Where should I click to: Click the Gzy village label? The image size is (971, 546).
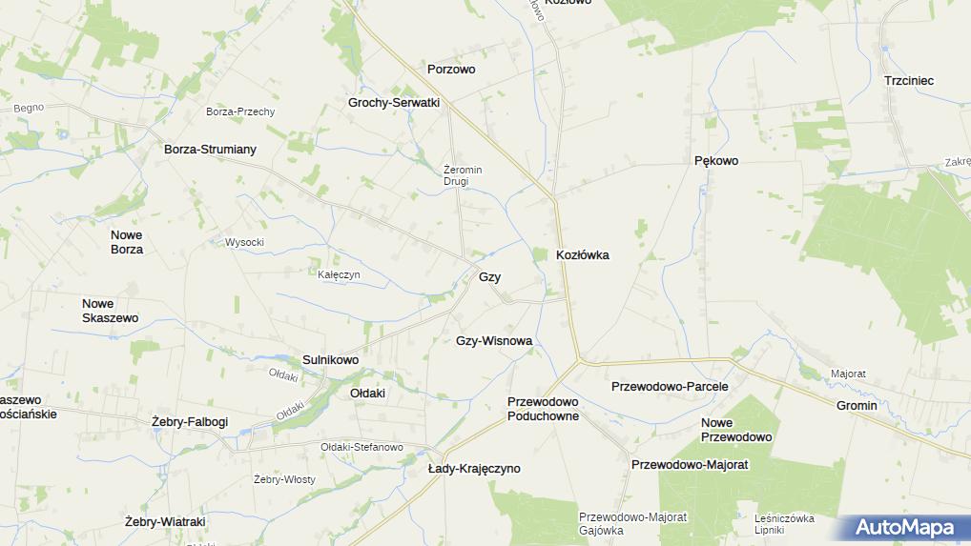coord(489,277)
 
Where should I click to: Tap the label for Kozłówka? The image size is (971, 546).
coord(583,255)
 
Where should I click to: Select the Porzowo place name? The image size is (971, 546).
coord(451,70)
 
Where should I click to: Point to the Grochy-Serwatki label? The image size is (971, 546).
coord(393,102)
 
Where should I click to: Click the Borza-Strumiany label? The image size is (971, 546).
coord(210,150)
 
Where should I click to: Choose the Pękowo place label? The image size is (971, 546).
coord(715,161)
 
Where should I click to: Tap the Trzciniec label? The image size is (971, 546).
coord(908,81)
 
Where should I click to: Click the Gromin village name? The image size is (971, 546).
coord(856,406)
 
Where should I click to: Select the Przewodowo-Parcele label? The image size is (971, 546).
coord(670,387)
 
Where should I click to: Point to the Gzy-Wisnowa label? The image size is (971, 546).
coord(494,340)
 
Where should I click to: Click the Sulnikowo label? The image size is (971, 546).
coord(330,360)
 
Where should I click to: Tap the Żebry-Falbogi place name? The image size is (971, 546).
coord(190,421)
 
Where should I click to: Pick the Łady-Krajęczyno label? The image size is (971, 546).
coord(474,469)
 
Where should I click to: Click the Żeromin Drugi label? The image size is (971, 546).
coord(463,175)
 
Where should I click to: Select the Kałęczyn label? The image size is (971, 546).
coord(339,274)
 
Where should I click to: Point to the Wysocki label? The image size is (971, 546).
coord(244,242)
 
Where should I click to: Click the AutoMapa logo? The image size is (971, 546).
coord(904,527)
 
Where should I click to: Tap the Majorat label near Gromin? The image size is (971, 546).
coord(848,374)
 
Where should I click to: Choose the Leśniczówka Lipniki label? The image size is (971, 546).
coord(783,524)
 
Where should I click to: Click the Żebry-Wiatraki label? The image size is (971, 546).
coord(165,522)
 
